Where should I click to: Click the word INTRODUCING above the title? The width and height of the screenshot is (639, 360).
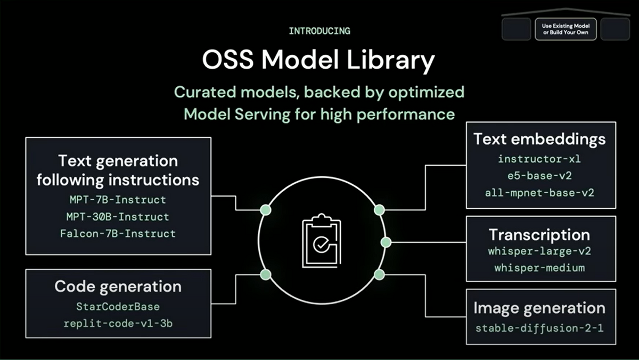(319, 31)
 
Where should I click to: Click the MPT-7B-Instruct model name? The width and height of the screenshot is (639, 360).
(118, 200)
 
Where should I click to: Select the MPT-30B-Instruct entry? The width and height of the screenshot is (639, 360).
(118, 217)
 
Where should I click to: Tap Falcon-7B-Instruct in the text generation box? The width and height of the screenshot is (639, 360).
(118, 234)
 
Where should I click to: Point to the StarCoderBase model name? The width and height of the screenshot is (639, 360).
(118, 307)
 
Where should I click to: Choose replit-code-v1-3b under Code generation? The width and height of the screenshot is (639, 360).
(118, 324)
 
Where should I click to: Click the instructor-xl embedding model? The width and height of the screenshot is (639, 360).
(539, 159)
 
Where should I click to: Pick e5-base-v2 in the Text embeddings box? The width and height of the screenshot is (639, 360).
(539, 176)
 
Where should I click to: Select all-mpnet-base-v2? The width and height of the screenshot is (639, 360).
(539, 193)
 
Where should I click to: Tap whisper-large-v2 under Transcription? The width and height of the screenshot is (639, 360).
(539, 251)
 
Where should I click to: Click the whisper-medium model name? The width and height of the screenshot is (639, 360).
(539, 268)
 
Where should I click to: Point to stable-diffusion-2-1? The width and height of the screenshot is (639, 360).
(539, 328)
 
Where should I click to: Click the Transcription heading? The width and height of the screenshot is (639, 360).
(539, 235)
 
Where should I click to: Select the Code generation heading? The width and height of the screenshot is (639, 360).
(118, 287)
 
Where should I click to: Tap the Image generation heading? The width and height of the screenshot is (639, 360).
(539, 309)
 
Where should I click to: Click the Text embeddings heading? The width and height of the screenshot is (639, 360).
(539, 140)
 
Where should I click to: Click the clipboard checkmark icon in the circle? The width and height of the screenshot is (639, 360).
(322, 241)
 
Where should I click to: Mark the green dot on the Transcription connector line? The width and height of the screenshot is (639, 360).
(386, 242)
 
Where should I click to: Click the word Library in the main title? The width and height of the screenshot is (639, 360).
(390, 61)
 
